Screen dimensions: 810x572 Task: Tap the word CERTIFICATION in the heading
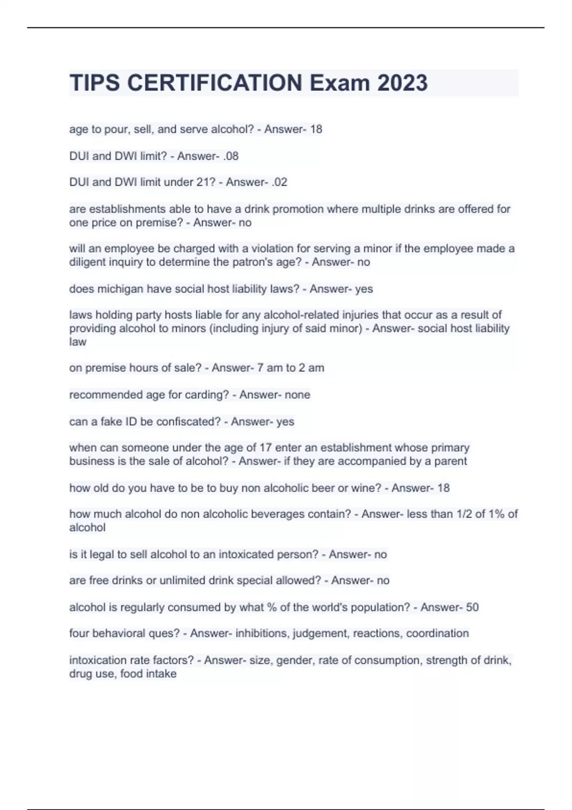[x=214, y=83]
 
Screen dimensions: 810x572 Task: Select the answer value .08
[x=230, y=156]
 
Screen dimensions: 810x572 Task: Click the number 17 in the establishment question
[x=265, y=448]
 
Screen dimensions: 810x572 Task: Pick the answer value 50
[x=472, y=607]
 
